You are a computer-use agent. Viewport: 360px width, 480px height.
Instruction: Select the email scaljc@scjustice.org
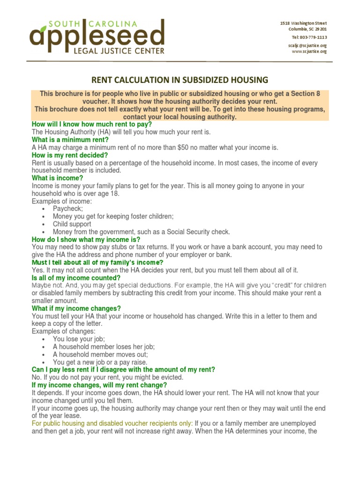(307, 45)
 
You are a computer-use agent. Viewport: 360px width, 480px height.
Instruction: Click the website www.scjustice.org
(309, 52)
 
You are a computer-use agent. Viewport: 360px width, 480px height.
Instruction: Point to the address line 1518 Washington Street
(303, 23)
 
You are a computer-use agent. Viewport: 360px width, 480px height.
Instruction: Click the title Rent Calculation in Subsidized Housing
(180, 80)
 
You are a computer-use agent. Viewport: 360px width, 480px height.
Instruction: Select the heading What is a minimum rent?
(70, 140)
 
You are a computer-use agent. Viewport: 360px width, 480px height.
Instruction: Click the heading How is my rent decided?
(70, 155)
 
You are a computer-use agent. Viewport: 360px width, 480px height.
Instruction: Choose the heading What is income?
(57, 178)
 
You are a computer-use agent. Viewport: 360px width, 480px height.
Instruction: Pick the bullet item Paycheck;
(68, 209)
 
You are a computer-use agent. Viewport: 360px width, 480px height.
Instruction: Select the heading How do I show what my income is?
(86, 239)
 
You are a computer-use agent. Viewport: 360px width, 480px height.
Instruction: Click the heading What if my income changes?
(76, 308)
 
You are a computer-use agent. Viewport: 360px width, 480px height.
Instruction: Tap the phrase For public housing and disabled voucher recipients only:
(112, 423)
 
